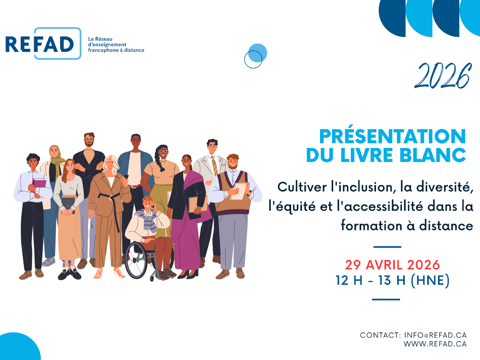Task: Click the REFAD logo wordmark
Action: pyautogui.click(x=39, y=44)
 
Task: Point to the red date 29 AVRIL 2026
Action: pyautogui.click(x=392, y=265)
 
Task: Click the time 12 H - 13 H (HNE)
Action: pyautogui.click(x=392, y=280)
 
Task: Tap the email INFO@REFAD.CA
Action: pyautogui.click(x=435, y=335)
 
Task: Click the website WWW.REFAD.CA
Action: pyautogui.click(x=435, y=344)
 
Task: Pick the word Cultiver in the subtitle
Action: pyautogui.click(x=302, y=187)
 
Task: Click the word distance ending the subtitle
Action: pyautogui.click(x=446, y=226)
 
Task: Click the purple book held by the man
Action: pyautogui.click(x=39, y=183)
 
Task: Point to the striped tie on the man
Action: pyautogui.click(x=214, y=166)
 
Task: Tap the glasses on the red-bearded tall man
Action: pyautogui.click(x=89, y=140)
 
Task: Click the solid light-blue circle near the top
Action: pyautogui.click(x=258, y=53)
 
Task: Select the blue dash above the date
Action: pyautogui.click(x=387, y=247)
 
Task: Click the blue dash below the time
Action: pyautogui.click(x=386, y=300)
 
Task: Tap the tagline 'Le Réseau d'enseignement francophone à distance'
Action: pyautogui.click(x=116, y=44)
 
